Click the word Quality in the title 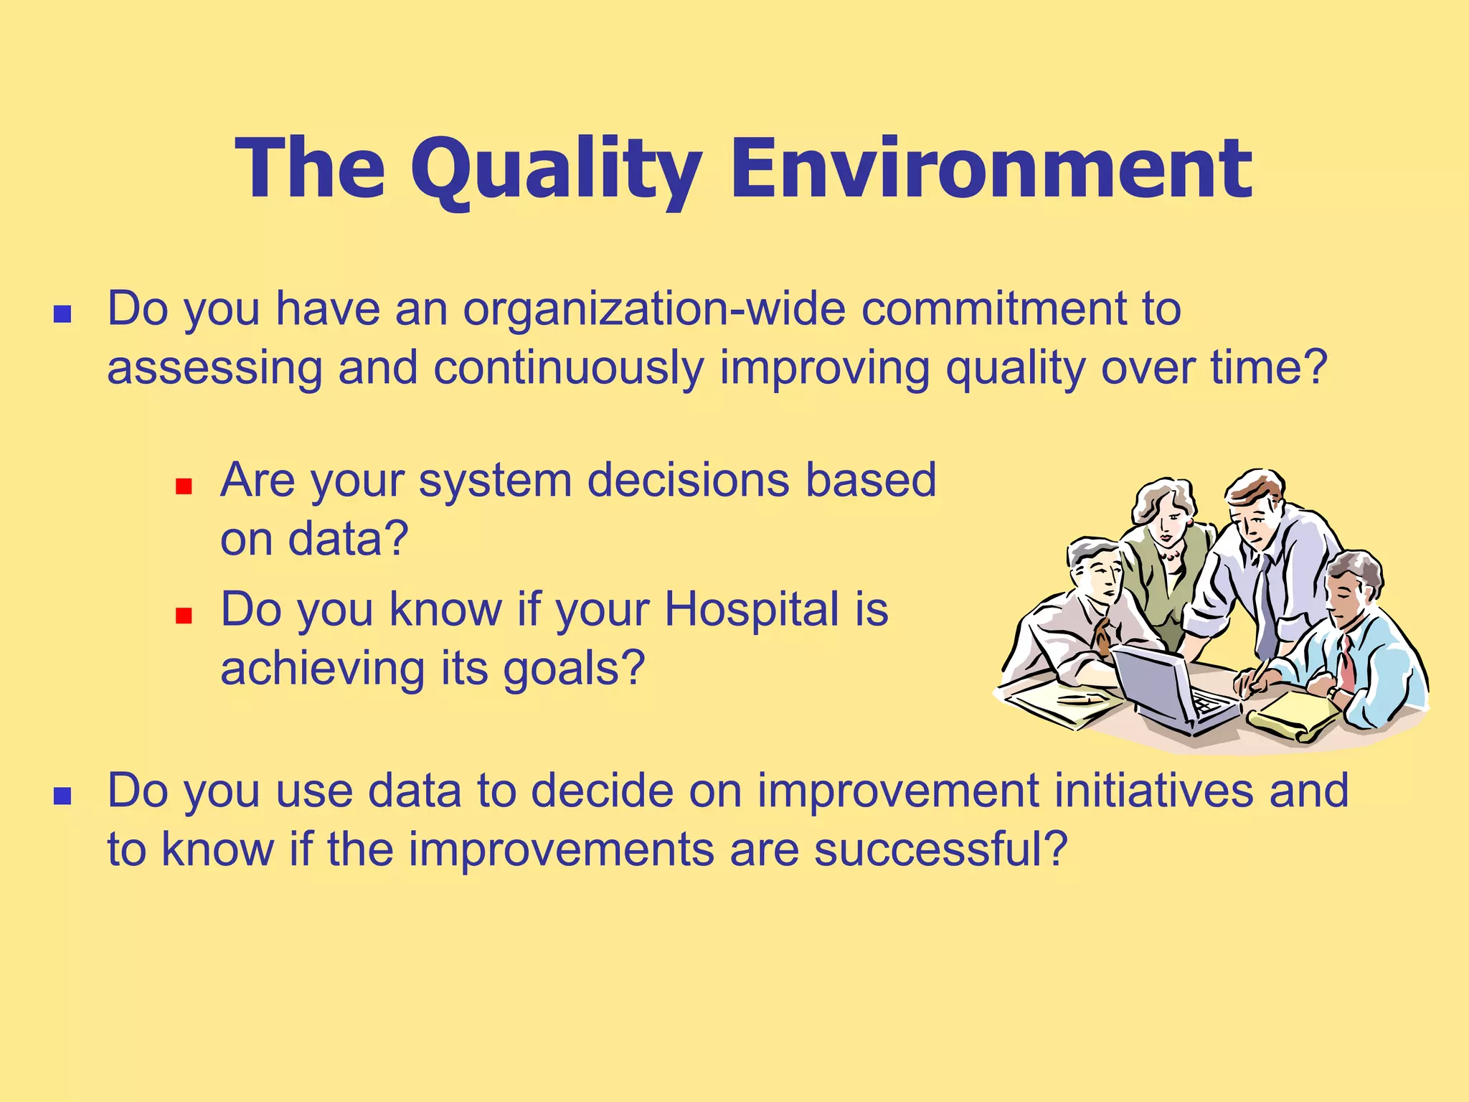[556, 171]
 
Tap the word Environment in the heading [991, 169]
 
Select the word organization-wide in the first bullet [653, 310]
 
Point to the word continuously [569, 369]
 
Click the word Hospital [752, 611]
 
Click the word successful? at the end [941, 850]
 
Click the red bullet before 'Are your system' [184, 487]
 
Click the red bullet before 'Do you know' [184, 616]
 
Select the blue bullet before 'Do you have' [62, 314]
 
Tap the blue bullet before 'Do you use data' [62, 796]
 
